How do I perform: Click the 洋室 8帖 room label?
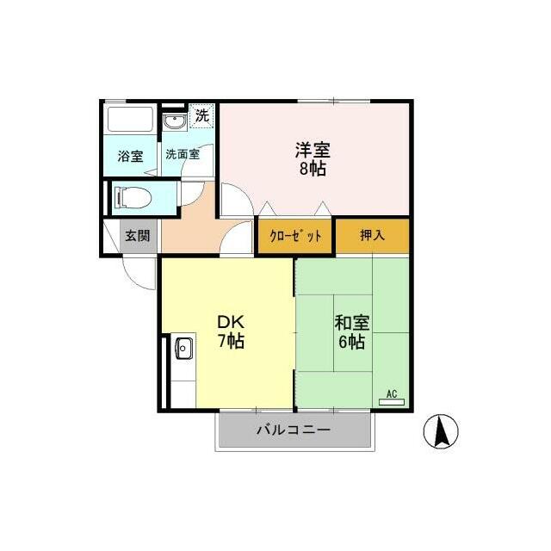pos(313,159)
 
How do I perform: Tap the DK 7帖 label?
pos(231,331)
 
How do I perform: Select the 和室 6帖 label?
pos(352,332)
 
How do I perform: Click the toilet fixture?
pos(133,197)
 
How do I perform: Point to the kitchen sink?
pos(183,348)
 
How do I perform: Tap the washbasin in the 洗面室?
pos(175,121)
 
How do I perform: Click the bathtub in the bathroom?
pos(130,120)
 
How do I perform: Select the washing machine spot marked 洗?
pos(201,115)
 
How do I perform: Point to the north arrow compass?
pos(441,431)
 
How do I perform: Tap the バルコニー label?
pos(294,430)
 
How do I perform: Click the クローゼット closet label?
pos(295,236)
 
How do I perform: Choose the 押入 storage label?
pos(372,235)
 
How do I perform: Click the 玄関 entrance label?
pos(138,235)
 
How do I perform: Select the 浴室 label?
pos(130,156)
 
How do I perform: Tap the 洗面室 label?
pos(183,154)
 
